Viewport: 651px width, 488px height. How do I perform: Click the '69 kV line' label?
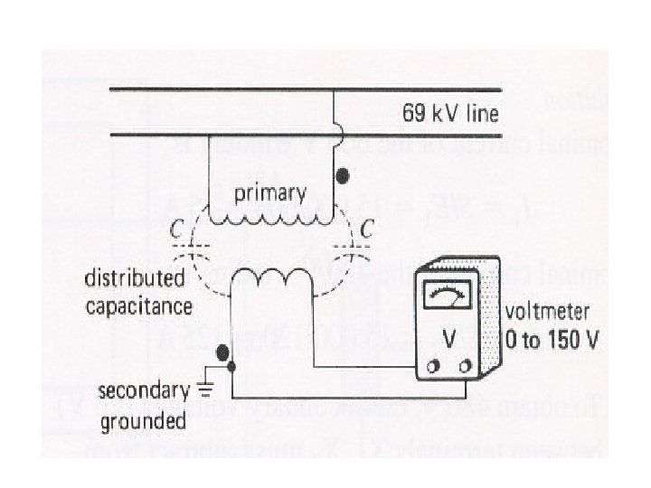click(x=450, y=116)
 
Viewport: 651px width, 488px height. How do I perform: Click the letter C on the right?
click(x=366, y=231)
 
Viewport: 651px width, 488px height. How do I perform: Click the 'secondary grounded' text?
click(x=142, y=406)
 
